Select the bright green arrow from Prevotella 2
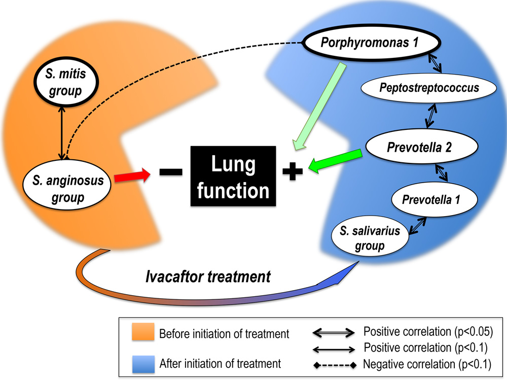[337, 162]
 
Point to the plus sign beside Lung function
[291, 173]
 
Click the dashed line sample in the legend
[333, 364]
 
